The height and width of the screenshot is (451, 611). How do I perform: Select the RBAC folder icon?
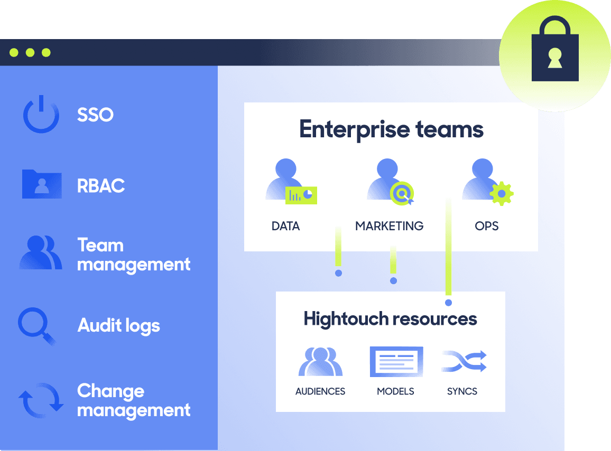[x=42, y=184]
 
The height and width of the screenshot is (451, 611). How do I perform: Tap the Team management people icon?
[x=41, y=252]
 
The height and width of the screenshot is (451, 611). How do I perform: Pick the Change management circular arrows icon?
[x=41, y=400]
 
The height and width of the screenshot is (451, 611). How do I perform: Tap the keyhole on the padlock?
[x=555, y=58]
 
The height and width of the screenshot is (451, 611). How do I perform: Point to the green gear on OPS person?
[x=502, y=194]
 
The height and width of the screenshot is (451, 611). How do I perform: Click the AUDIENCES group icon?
[x=320, y=361]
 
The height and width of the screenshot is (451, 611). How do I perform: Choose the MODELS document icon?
[x=396, y=361]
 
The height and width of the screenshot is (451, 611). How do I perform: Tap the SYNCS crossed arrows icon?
[x=464, y=361]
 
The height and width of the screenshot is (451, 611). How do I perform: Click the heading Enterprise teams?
[x=391, y=130]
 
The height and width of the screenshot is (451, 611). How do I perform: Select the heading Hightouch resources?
[x=390, y=319]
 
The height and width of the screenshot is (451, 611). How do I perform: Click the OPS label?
[x=486, y=226]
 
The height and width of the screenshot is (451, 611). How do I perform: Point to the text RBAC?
[x=101, y=186]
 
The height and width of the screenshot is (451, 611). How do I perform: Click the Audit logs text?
[x=118, y=326]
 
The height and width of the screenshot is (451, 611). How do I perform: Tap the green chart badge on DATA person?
[x=301, y=195]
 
